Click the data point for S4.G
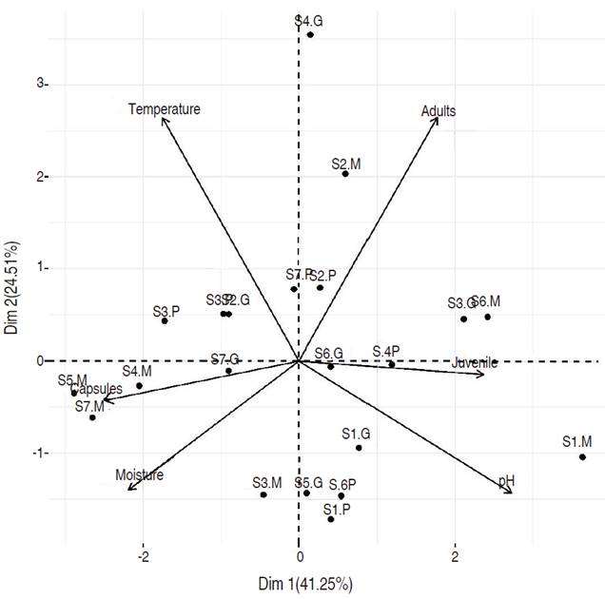[x=310, y=35]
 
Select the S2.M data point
[x=345, y=174]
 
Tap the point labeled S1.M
[x=582, y=457]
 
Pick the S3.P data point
[x=165, y=321]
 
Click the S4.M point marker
[x=139, y=385]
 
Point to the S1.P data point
[x=331, y=519]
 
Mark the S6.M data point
[x=488, y=317]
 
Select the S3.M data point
[x=263, y=494]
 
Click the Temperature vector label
[x=165, y=109]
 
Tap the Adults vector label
[x=439, y=111]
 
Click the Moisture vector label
[x=140, y=475]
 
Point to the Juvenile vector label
[x=475, y=362]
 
